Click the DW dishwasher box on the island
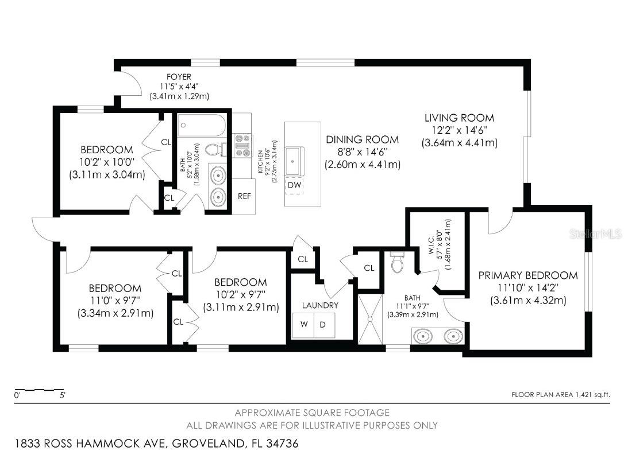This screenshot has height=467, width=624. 294,185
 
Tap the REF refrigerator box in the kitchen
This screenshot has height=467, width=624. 244,196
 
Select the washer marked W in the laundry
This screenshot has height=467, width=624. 303,325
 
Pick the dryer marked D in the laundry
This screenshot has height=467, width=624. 323,325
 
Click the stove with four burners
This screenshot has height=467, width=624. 241,145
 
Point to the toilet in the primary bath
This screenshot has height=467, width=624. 397,262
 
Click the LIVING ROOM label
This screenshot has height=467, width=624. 459,118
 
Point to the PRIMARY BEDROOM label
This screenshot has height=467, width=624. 527,275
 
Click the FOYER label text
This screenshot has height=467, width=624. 179,77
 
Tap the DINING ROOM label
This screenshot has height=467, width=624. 362,139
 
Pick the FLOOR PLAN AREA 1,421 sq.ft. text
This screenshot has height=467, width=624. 560,394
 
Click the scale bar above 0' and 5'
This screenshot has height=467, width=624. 39,390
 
